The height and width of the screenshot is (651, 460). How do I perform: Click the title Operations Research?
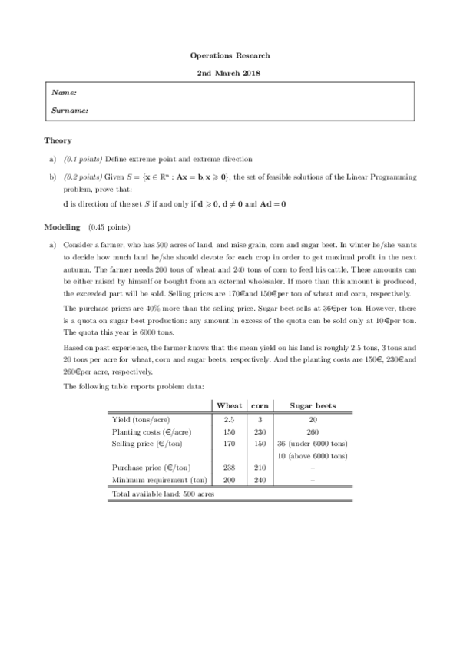230,55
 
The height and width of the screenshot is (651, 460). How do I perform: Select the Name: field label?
64,93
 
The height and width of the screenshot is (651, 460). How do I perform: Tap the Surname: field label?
69,111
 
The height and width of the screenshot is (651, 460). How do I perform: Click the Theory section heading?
58,140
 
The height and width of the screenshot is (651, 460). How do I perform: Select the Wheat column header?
230,405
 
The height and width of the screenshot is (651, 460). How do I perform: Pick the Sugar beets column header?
312,405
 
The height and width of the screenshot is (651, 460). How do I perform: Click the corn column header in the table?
260,405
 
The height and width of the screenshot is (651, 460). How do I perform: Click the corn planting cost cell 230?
260,431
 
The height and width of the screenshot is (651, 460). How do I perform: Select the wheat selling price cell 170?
229,443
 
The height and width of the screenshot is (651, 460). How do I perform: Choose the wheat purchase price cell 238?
229,468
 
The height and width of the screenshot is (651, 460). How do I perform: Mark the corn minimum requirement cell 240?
260,479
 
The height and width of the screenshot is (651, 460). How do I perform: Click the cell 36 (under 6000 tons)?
312,443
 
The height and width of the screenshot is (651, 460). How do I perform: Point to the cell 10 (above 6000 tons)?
312,454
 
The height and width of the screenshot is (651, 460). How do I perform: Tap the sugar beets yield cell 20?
312,420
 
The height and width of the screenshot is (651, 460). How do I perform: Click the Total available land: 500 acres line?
163,494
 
